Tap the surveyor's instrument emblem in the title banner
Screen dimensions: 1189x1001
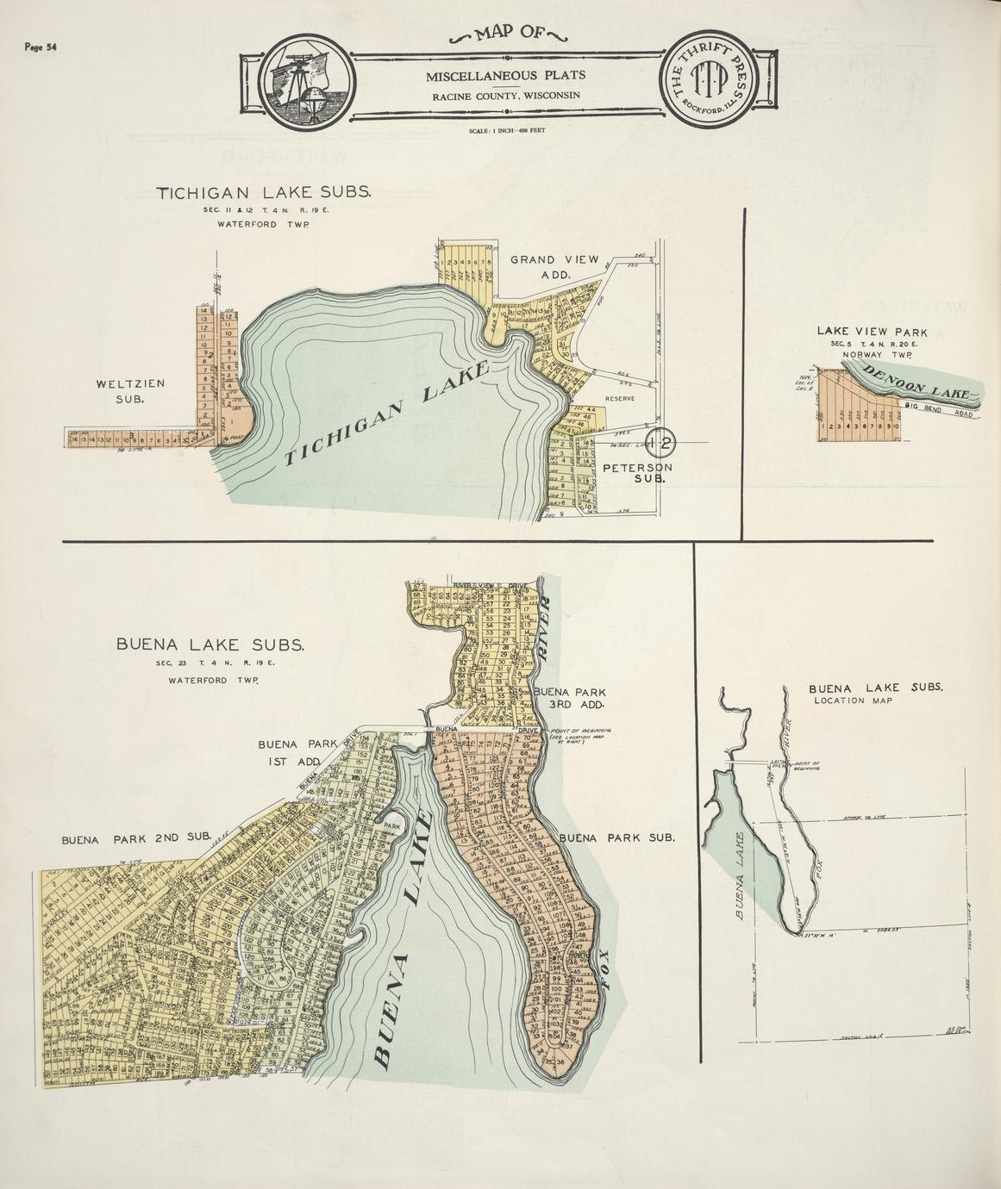(x=304, y=82)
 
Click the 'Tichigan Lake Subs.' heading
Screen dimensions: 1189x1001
(x=263, y=193)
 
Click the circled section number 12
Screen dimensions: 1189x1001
(x=663, y=442)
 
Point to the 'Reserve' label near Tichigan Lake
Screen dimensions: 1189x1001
(x=619, y=399)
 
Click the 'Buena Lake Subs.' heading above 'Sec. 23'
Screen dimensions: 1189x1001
(x=210, y=644)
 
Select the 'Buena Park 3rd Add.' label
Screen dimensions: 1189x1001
(x=569, y=698)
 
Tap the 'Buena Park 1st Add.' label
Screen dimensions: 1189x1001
(x=290, y=751)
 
